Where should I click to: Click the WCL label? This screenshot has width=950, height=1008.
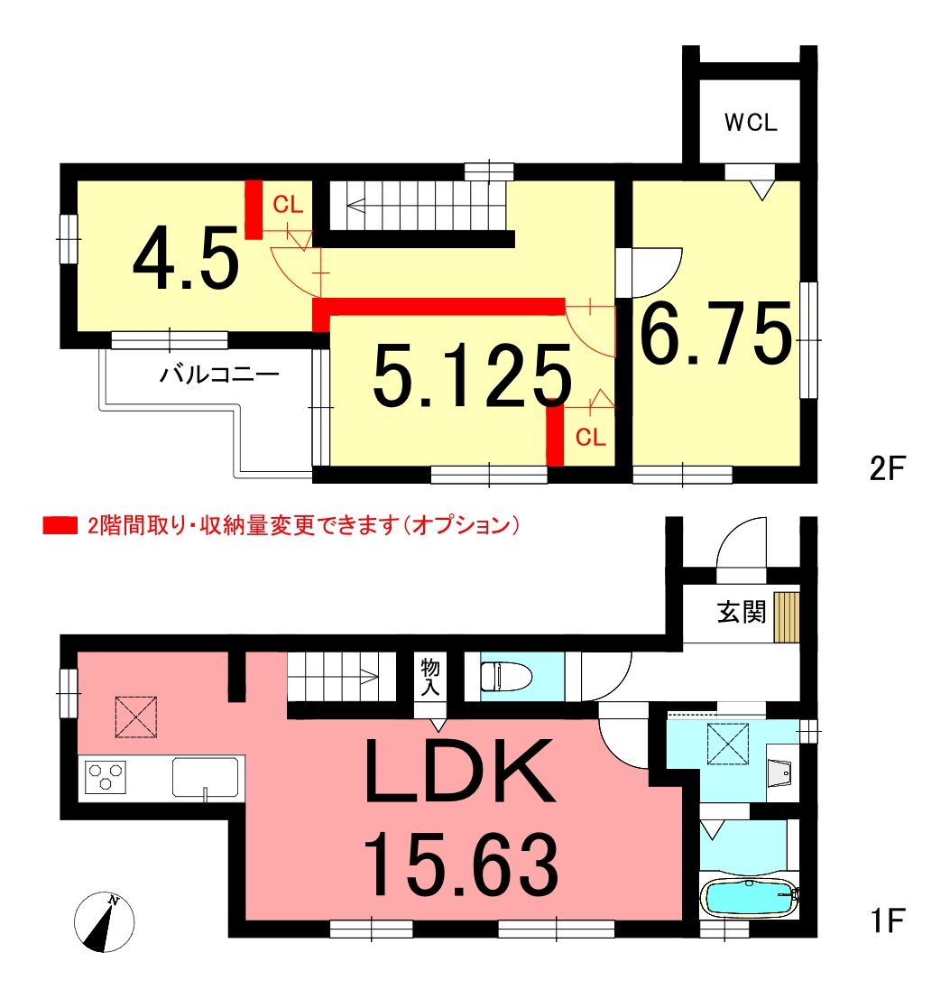pos(751,122)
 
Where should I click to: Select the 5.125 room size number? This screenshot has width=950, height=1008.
pos(472,376)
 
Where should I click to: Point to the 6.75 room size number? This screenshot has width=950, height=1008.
pos(715,333)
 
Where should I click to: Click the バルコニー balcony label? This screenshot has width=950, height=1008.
pos(220,374)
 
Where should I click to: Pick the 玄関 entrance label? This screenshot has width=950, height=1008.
pos(742,612)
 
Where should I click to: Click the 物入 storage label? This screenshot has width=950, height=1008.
pos(430,677)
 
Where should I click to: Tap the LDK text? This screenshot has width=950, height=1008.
pos(459,771)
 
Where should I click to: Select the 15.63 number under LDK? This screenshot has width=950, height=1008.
pos(461,864)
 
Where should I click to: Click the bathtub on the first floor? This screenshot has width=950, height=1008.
pos(750,897)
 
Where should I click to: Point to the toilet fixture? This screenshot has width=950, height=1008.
pos(506,676)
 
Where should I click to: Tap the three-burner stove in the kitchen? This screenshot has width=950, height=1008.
pos(106,777)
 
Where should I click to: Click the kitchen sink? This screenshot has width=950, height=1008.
pos(205,777)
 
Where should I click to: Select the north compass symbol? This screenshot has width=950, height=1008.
pos(104,922)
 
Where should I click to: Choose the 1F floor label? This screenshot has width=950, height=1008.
pos(889,920)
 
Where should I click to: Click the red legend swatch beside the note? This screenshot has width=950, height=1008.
pos(60,525)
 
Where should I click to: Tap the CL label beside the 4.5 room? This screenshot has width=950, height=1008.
pos(287,205)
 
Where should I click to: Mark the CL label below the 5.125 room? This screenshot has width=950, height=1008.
pos(590,437)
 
